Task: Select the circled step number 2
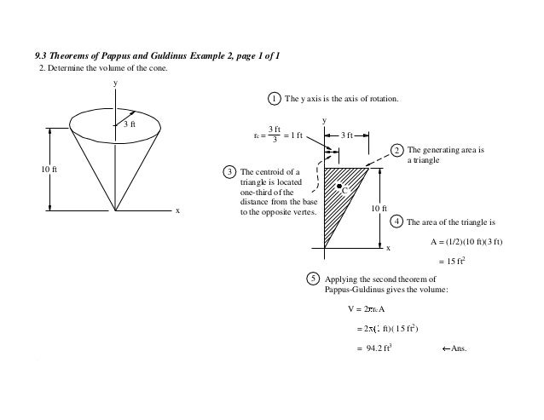tap(398, 151)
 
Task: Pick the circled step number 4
tap(397, 222)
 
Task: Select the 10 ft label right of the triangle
tap(378, 209)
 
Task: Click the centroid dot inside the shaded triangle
tap(339, 186)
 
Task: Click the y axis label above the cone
tap(115, 83)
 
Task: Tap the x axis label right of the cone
tap(177, 210)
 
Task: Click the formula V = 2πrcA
tap(367, 308)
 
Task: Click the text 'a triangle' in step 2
tap(424, 159)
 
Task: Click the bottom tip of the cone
tap(115, 209)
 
